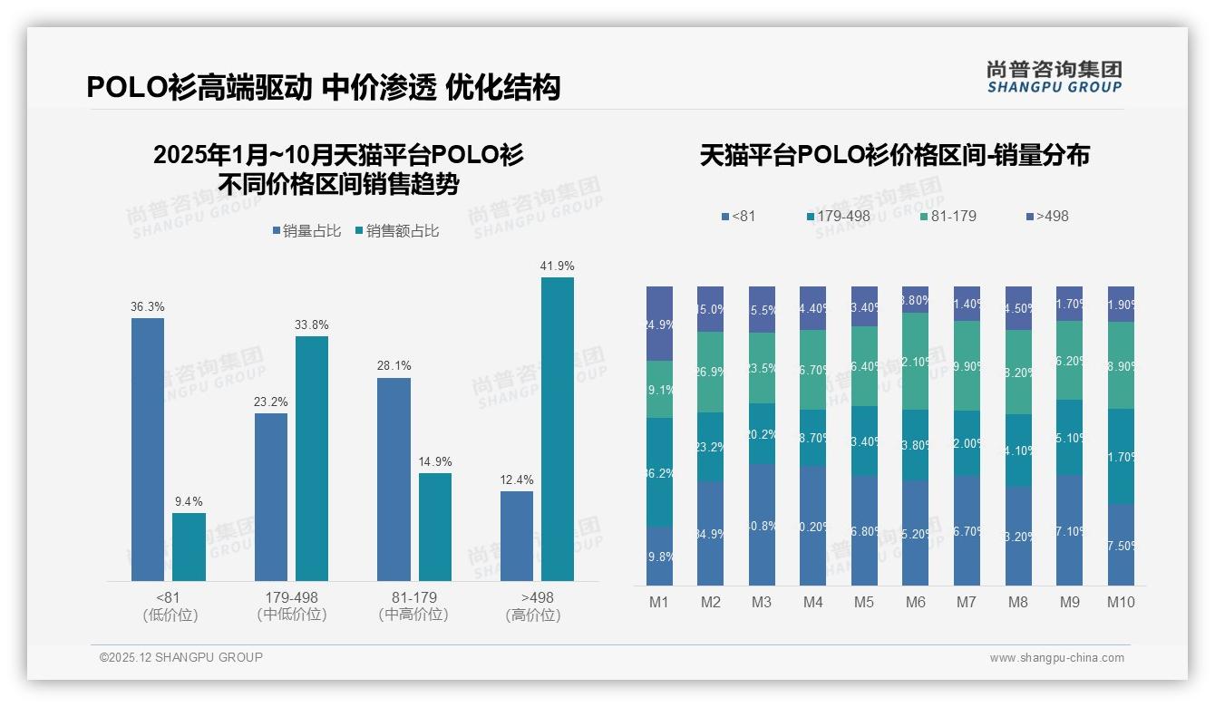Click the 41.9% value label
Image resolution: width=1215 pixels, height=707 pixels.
point(557,266)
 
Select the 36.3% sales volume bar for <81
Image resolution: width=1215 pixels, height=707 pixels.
point(148,449)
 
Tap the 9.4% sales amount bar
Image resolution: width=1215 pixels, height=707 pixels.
point(189,547)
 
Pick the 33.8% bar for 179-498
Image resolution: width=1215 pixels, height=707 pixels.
point(311,458)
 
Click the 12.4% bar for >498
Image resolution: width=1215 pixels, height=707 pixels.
point(517,536)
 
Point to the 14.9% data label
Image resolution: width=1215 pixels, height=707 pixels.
point(434,461)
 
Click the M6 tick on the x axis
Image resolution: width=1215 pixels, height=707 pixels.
point(915,602)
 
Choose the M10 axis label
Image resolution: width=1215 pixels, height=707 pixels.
point(1121,602)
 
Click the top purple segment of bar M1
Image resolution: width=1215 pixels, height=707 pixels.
point(659,324)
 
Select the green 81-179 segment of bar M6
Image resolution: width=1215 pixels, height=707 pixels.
point(915,361)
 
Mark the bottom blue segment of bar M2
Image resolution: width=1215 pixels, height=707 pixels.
point(710,533)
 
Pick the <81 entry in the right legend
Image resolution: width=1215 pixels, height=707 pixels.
point(738,216)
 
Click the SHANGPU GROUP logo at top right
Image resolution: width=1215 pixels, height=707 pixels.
point(1054,77)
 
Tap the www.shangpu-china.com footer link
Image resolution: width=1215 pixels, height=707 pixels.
point(1056,658)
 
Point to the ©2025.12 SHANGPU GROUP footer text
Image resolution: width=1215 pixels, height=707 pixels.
point(181,657)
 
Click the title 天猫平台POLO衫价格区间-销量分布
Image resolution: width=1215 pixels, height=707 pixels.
point(894,155)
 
